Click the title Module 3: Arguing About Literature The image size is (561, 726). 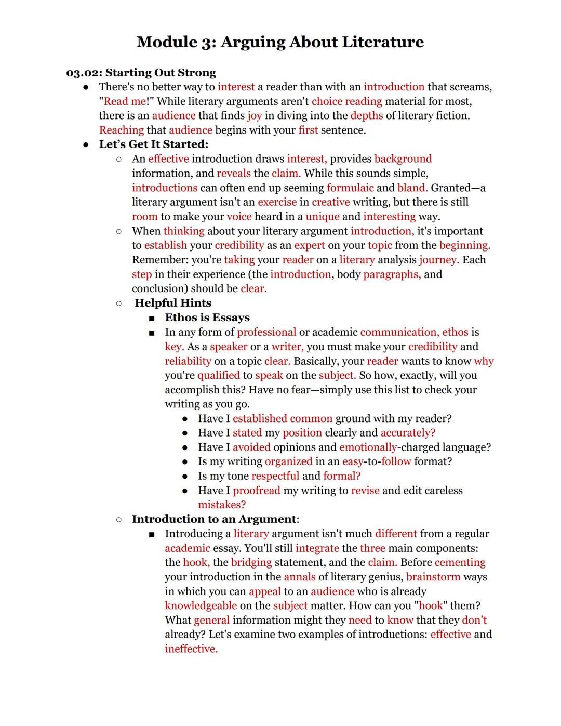[x=280, y=42]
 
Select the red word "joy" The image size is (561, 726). [x=254, y=116]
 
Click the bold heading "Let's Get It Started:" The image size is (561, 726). [x=153, y=144]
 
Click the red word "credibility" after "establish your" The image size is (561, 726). [x=239, y=245]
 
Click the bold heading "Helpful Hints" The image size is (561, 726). [x=173, y=303]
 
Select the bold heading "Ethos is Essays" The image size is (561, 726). [x=207, y=318]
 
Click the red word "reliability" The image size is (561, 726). [x=188, y=361]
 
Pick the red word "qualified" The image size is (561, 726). [x=218, y=375]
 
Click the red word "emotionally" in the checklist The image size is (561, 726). [x=368, y=447]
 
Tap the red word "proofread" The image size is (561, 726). [x=256, y=491]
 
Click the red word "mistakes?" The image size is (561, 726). [x=222, y=505]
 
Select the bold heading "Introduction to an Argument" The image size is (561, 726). [x=214, y=519]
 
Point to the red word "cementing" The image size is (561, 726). [x=460, y=562]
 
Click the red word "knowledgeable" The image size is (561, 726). [x=201, y=606]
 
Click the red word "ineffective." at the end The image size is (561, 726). [x=191, y=649]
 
